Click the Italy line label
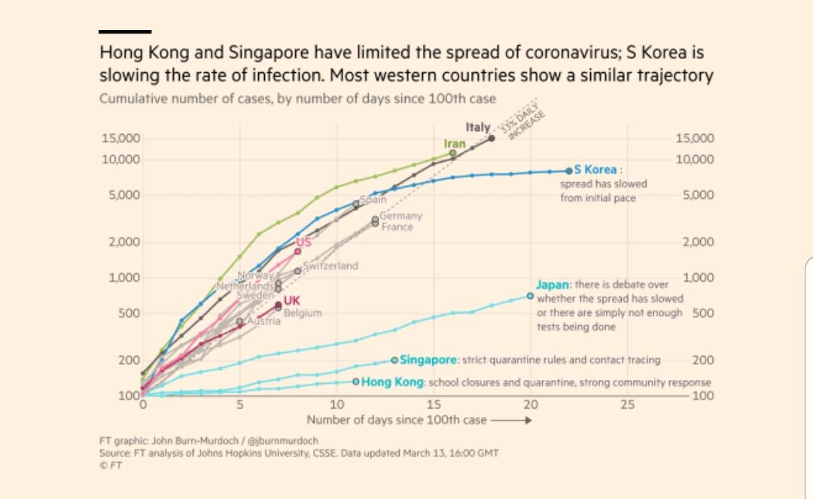(478, 129)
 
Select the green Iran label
(455, 143)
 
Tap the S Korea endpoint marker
(570, 171)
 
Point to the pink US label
(303, 242)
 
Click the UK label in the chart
(292, 302)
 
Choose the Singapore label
(429, 361)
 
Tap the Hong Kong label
(394, 382)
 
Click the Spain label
(373, 200)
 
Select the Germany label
(401, 216)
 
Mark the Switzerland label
(330, 266)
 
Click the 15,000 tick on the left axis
(120, 138)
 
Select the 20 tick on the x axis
(531, 405)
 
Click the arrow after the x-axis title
(512, 420)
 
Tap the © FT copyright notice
(110, 465)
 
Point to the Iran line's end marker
(452, 154)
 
